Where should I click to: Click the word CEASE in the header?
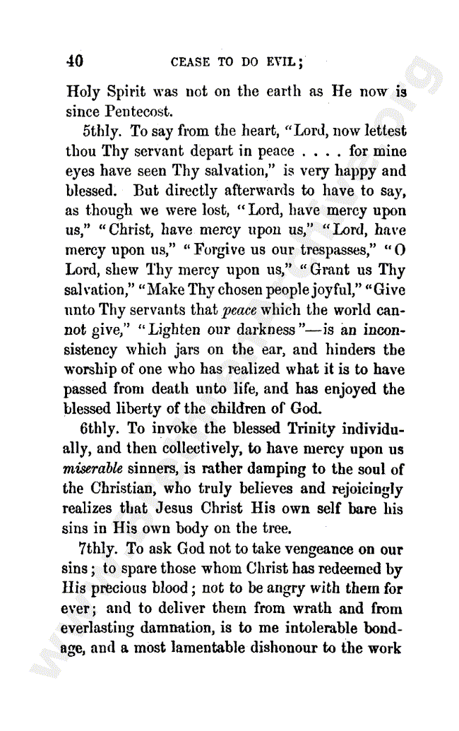(x=190, y=62)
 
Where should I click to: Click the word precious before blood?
(x=119, y=589)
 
